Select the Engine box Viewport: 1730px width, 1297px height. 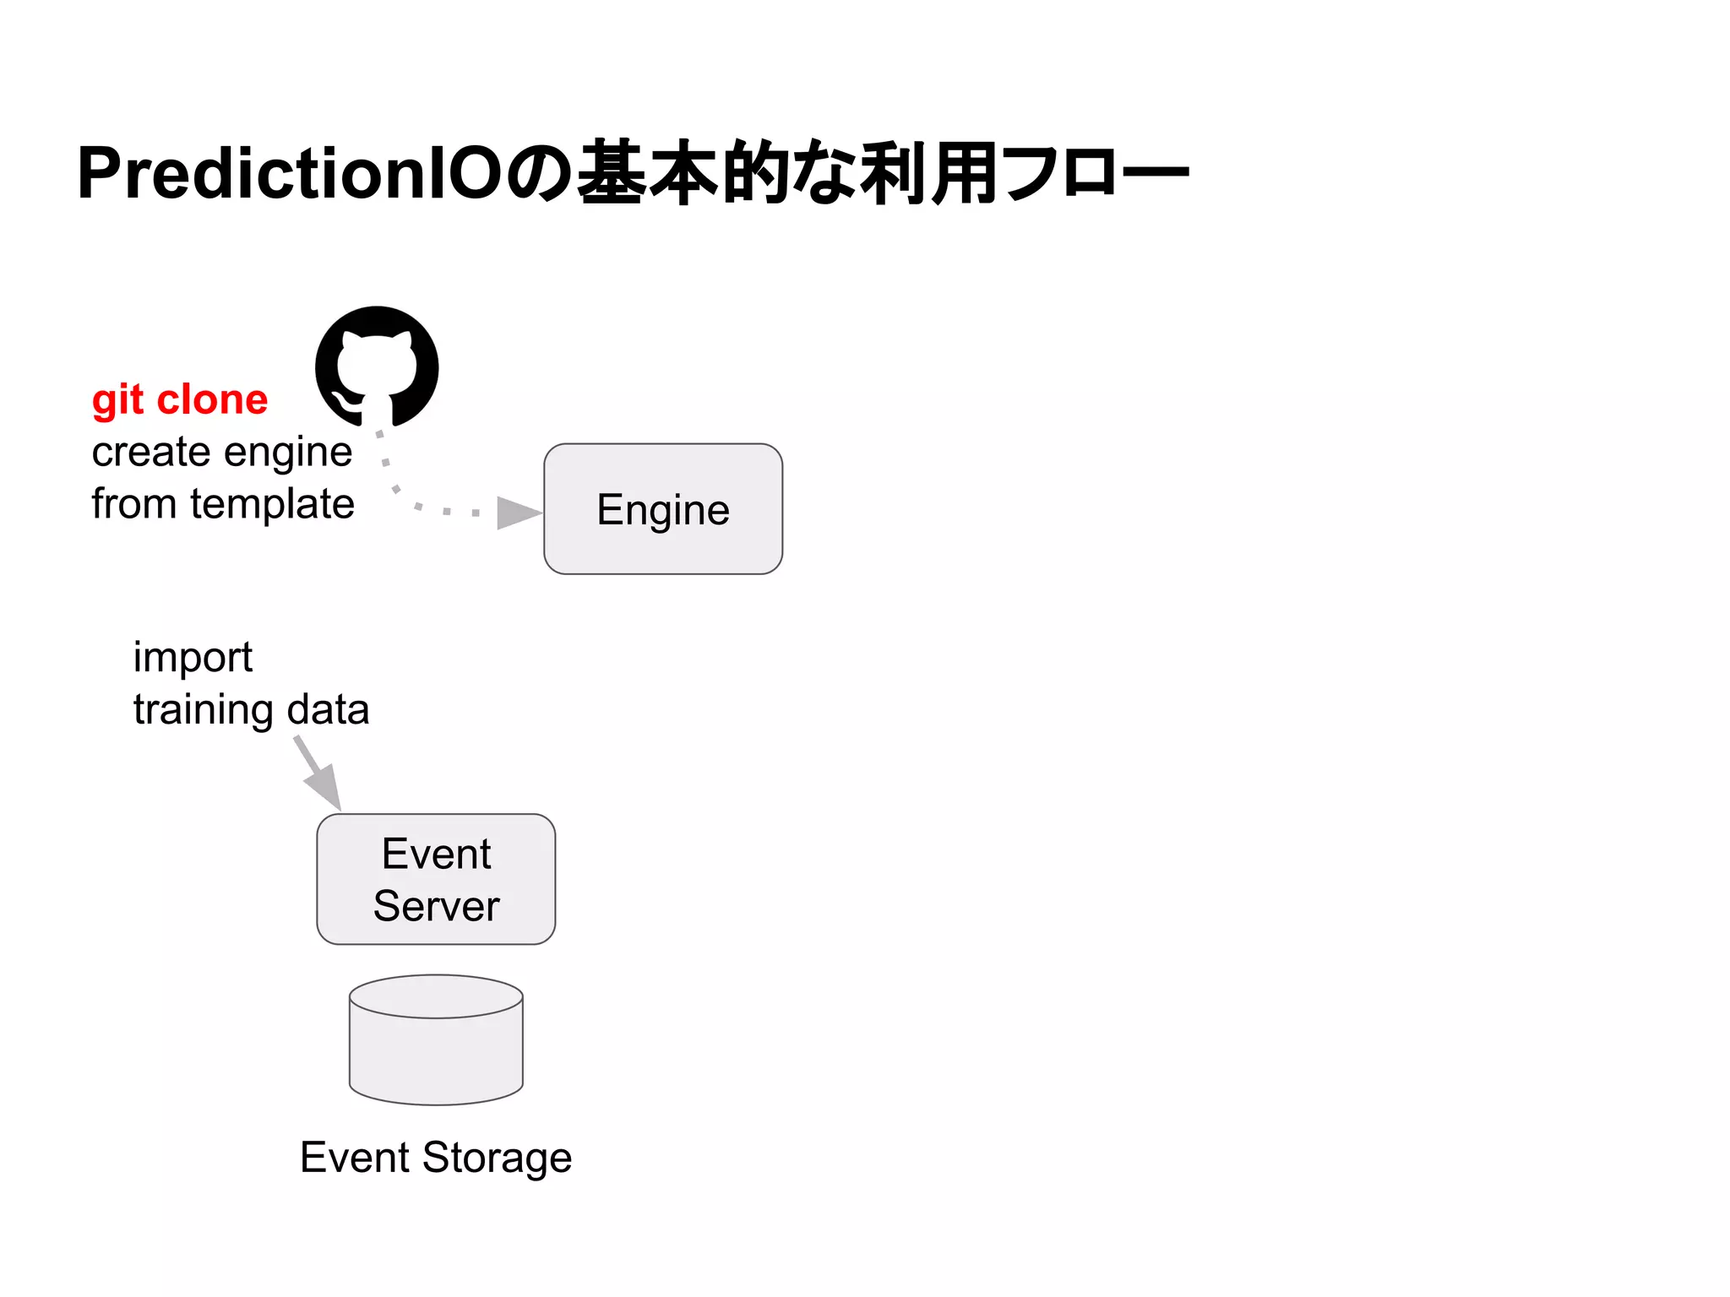coord(663,509)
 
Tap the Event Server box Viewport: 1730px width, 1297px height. coord(436,879)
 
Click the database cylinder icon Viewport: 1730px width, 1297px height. coord(436,1040)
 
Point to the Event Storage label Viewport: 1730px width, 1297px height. coord(436,1157)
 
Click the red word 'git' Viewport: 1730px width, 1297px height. coord(117,400)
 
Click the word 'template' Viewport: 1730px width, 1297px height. coord(272,504)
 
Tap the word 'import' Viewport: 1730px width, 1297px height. coord(193,658)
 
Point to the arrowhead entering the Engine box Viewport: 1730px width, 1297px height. coord(518,513)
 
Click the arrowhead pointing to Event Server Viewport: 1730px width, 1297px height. coord(325,787)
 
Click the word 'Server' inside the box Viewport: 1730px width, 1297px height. coord(436,906)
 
